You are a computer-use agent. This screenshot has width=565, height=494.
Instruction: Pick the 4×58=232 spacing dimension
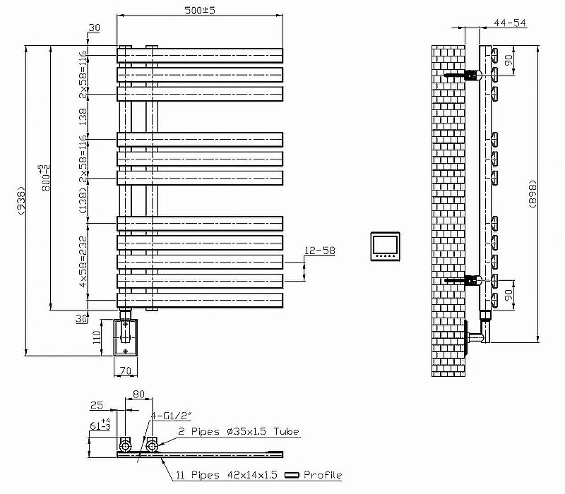click(x=83, y=260)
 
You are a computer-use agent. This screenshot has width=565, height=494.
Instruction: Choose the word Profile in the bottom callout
click(x=323, y=475)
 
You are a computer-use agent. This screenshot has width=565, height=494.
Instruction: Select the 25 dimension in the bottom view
click(x=97, y=405)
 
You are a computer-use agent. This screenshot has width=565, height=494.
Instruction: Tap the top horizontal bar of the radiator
click(x=200, y=55)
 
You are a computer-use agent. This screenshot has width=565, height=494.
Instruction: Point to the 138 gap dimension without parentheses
click(x=83, y=116)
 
